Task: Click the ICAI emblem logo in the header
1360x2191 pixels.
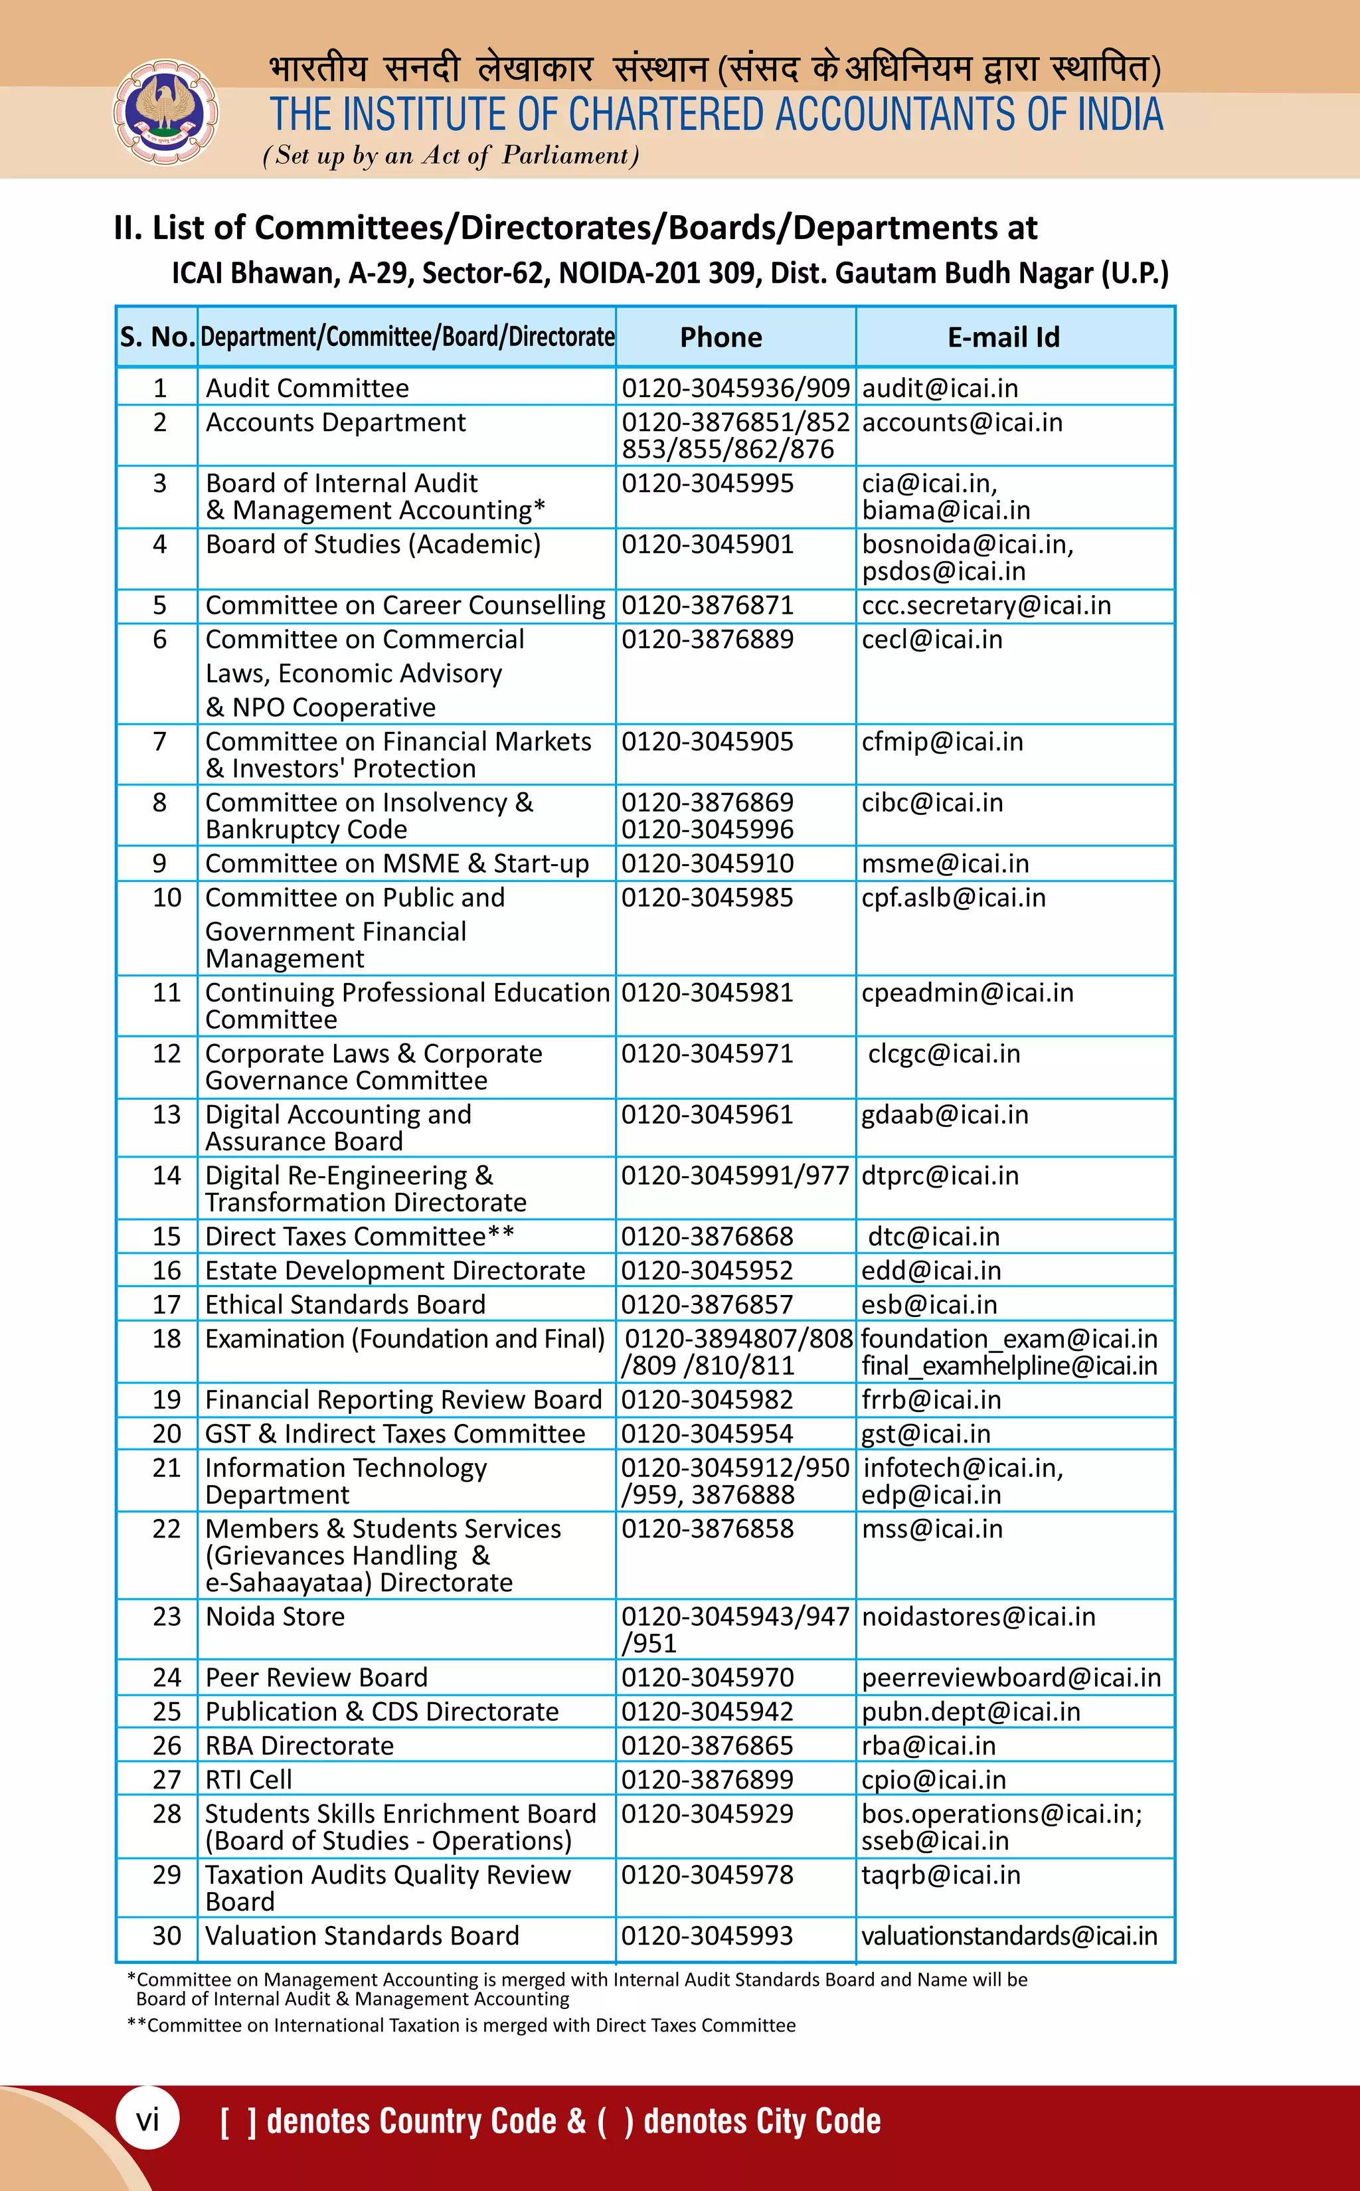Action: tap(165, 112)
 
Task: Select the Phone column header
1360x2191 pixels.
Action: tap(721, 337)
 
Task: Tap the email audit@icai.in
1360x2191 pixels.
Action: tap(940, 389)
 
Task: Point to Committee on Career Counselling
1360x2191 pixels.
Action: tap(405, 605)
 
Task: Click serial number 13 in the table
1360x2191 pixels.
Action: tap(167, 1114)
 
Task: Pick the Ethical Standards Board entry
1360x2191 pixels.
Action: tap(345, 1304)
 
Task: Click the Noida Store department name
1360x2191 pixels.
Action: tap(275, 1617)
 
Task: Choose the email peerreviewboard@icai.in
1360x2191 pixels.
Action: tap(1011, 1678)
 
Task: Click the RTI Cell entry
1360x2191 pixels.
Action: tap(248, 1779)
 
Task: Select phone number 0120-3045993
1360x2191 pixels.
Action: tap(707, 1935)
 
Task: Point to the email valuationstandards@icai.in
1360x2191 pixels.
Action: tap(1009, 1935)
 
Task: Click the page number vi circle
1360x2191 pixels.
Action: tap(147, 2120)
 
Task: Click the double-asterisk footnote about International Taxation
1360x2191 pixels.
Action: tap(462, 2026)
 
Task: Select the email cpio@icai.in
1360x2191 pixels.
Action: tap(933, 1779)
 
